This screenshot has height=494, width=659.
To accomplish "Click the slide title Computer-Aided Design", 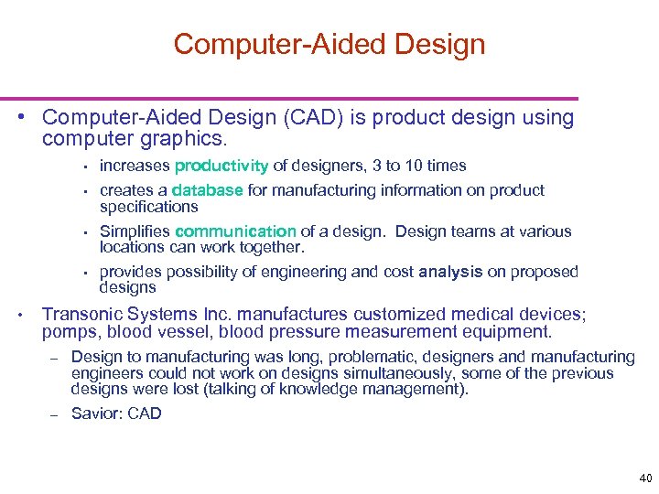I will click(329, 44).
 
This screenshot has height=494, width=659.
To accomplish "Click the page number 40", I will click(645, 478).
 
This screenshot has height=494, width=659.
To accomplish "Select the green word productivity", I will click(221, 166).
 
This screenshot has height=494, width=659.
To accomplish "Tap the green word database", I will click(207, 190).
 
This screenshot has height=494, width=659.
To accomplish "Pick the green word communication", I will click(236, 231).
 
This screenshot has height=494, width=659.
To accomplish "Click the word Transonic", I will click(83, 314).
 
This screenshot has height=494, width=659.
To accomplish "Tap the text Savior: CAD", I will click(116, 413).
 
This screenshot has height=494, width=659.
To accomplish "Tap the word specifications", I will click(148, 207).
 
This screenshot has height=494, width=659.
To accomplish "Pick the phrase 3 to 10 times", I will click(426, 166).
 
